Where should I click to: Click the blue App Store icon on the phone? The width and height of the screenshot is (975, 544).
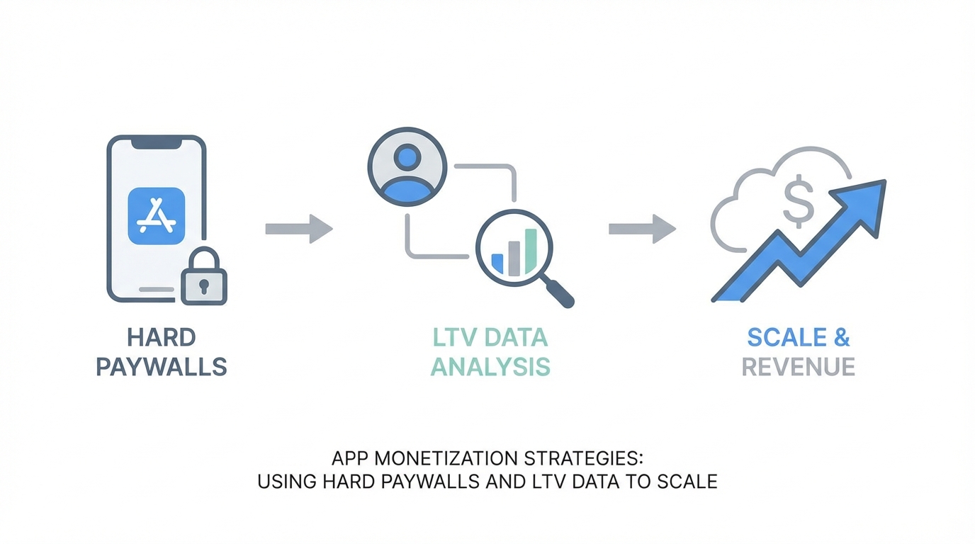(156, 216)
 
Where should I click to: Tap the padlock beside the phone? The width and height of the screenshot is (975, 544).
(203, 278)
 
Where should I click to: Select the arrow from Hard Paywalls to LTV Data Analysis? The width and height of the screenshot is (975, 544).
(298, 229)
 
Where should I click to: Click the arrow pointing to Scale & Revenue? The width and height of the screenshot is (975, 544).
(642, 229)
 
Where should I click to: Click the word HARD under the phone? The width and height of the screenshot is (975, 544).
(162, 337)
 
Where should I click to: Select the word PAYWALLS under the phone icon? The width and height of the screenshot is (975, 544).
(162, 367)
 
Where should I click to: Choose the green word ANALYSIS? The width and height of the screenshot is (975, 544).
(490, 367)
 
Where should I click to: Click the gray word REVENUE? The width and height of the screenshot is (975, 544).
(799, 367)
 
